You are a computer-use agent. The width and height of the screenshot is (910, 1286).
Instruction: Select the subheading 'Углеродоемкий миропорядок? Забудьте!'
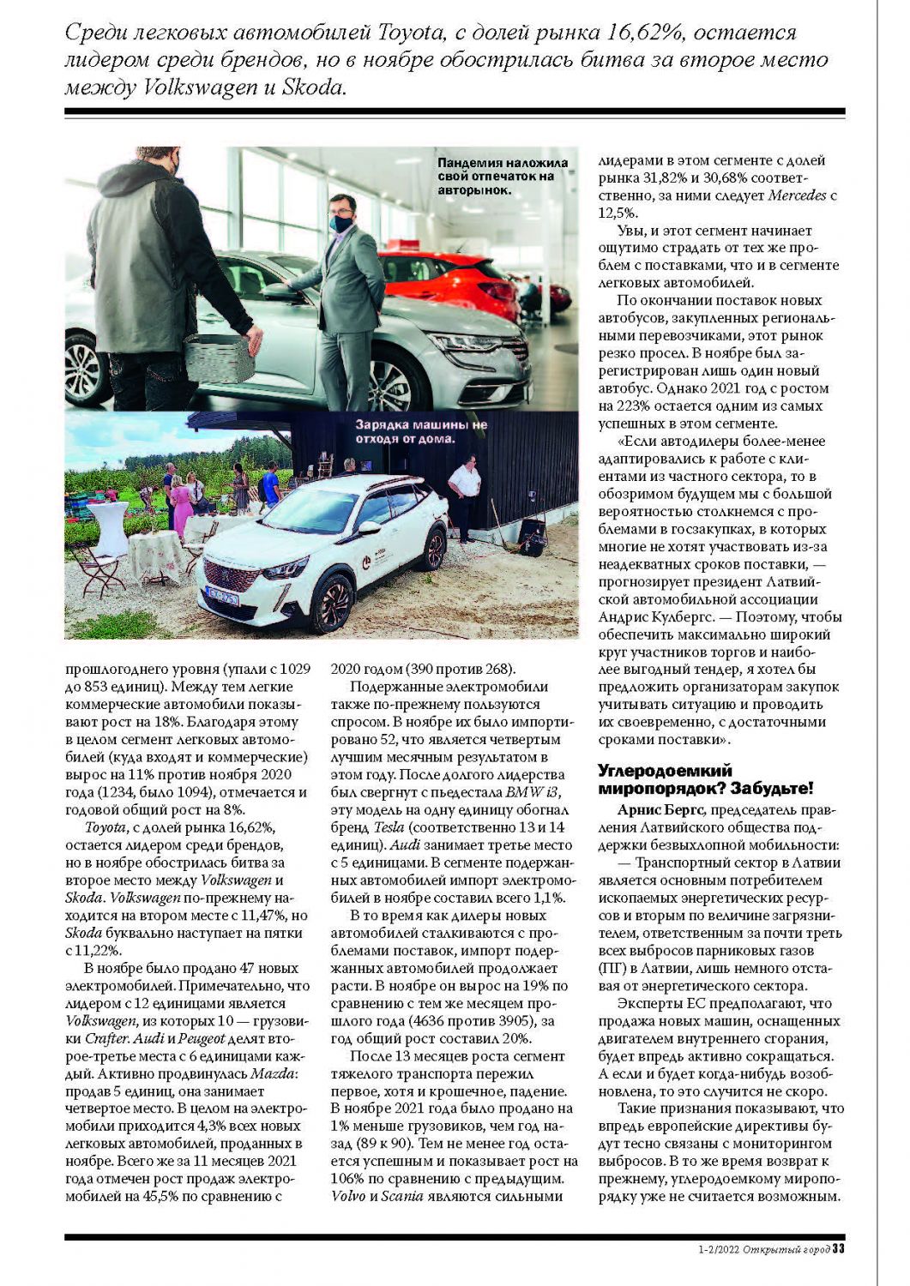[x=705, y=779]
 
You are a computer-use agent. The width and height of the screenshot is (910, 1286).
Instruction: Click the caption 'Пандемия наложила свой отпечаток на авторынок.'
[x=502, y=176]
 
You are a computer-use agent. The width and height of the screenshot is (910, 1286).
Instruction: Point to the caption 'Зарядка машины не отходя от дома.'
[x=421, y=432]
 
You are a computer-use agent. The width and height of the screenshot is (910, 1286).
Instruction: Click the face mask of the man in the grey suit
[x=341, y=224]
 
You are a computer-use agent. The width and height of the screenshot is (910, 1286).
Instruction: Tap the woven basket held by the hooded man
[x=219, y=358]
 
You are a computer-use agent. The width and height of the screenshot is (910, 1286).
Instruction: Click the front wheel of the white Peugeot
[x=334, y=603]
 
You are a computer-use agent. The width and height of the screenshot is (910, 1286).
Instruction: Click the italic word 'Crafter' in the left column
[x=89, y=1037]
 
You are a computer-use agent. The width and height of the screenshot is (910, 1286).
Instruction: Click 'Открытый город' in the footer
[x=786, y=1248]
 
